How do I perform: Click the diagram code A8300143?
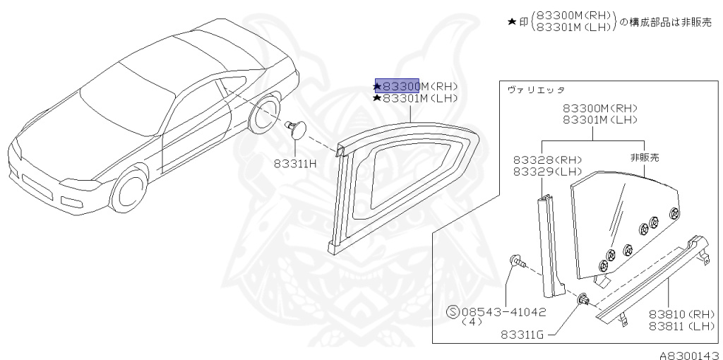click(689, 354)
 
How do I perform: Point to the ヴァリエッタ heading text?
click(536, 91)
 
